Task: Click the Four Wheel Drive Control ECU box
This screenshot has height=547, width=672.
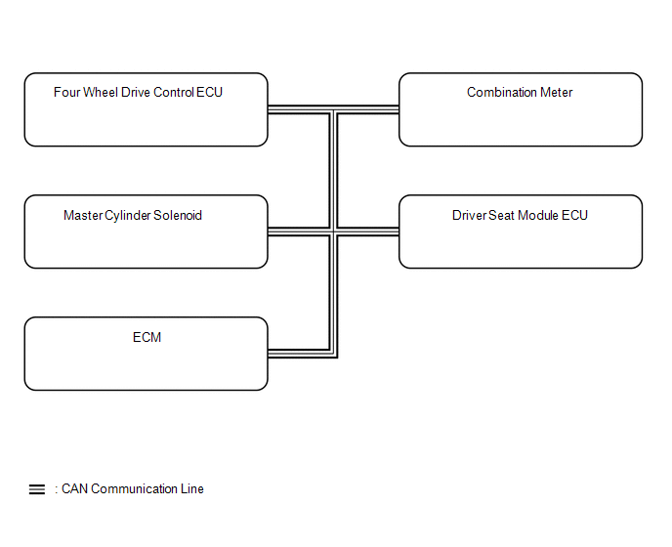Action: click(147, 109)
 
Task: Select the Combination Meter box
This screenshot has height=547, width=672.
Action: click(521, 109)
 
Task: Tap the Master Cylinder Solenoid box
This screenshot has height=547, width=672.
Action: click(147, 231)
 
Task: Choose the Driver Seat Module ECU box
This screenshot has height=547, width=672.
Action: click(521, 231)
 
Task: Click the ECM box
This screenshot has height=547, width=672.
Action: click(147, 354)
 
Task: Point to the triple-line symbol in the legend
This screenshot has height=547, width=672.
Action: click(37, 489)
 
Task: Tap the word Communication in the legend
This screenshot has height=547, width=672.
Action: click(134, 488)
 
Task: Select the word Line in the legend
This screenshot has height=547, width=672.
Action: click(192, 488)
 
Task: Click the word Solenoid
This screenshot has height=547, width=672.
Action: click(178, 215)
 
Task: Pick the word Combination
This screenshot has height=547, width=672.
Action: click(501, 92)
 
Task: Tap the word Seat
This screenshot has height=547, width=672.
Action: click(501, 215)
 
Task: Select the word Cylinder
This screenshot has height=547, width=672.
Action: click(127, 215)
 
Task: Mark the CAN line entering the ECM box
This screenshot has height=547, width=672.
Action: click(299, 354)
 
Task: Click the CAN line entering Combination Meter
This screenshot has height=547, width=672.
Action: click(367, 109)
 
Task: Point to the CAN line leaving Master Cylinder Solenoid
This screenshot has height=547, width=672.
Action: click(299, 231)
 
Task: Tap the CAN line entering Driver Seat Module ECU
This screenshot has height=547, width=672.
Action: click(367, 231)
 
